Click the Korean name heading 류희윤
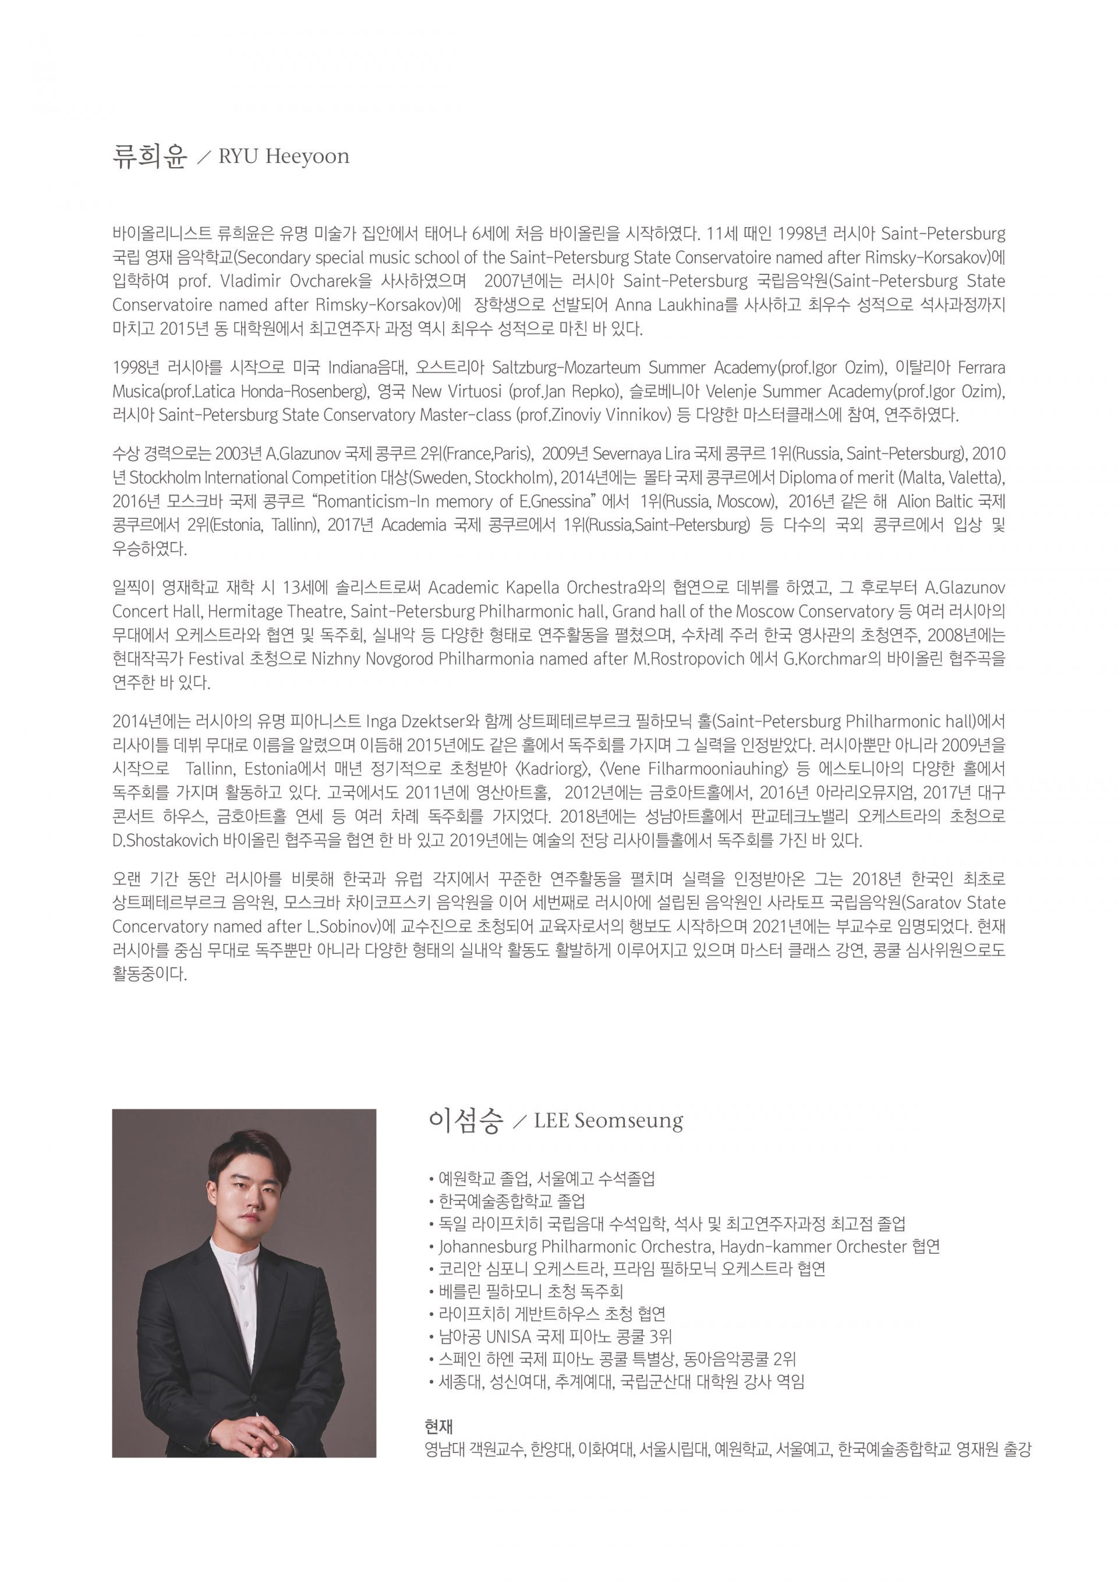pyautogui.click(x=150, y=155)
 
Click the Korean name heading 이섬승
pyautogui.click(x=466, y=1121)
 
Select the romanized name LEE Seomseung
pyautogui.click(x=608, y=1122)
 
